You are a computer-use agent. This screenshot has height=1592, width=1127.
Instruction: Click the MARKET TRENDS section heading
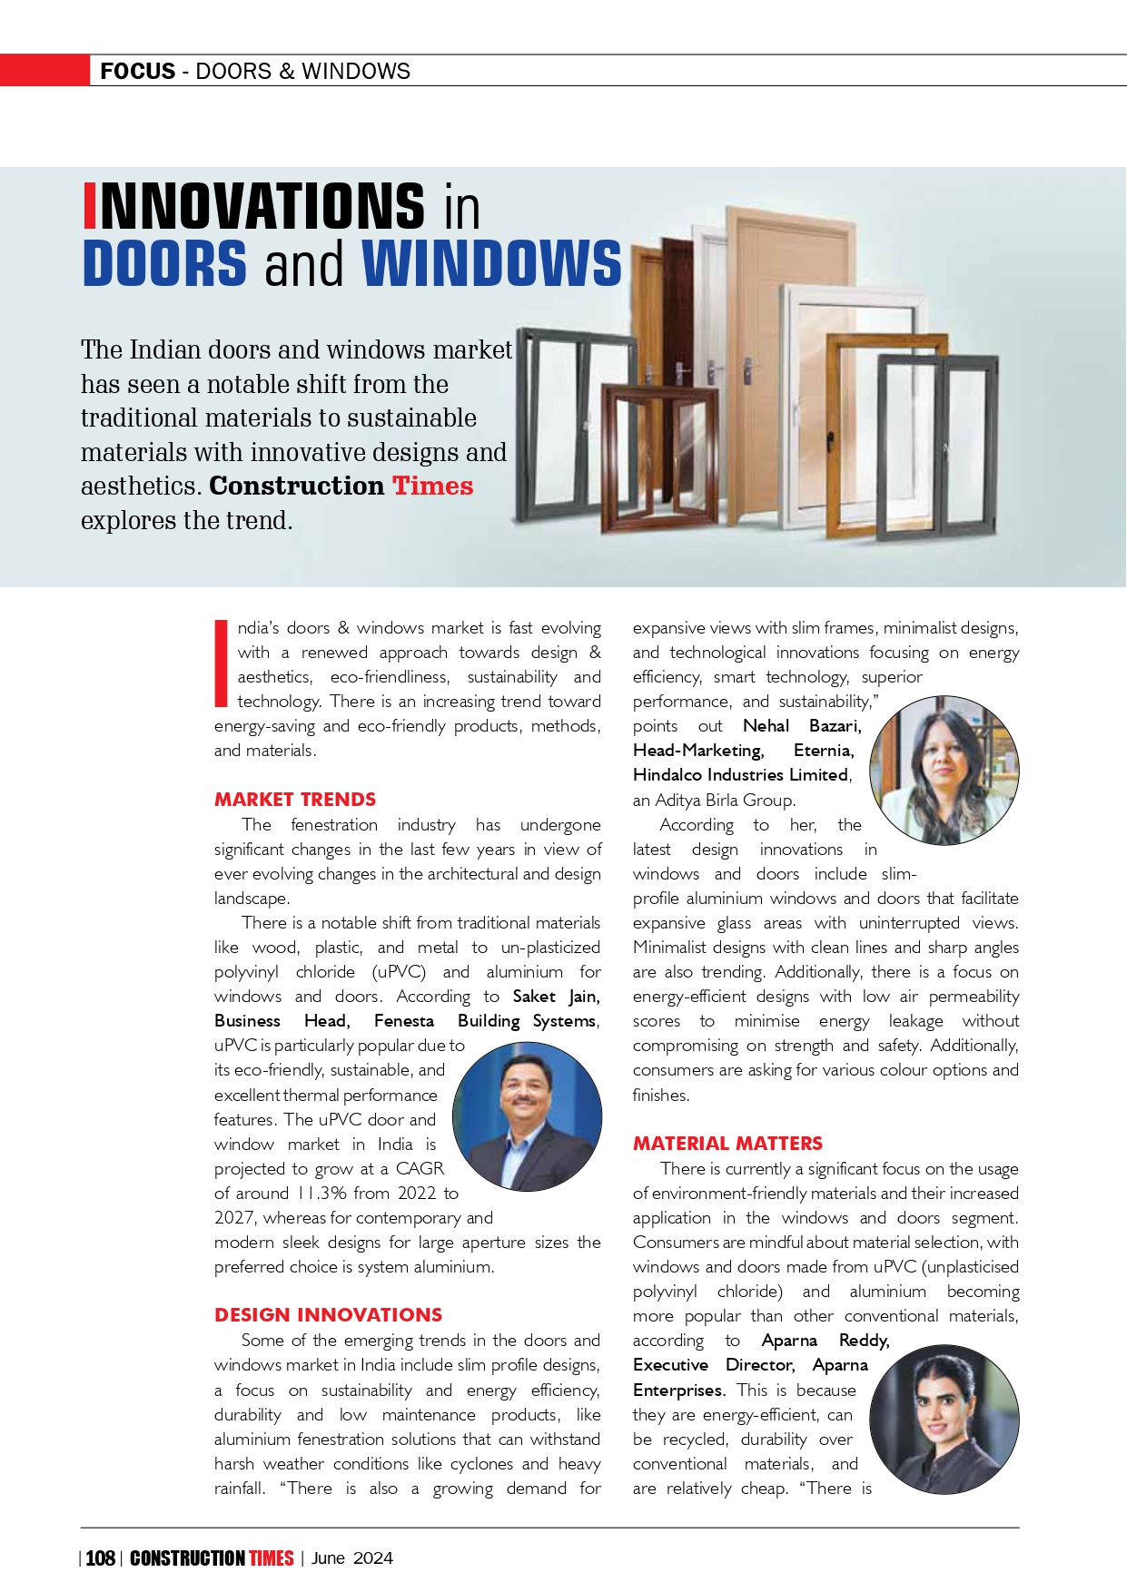[295, 800]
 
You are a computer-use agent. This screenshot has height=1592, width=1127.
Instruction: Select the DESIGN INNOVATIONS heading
[328, 1315]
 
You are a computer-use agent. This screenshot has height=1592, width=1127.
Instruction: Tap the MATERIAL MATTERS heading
[727, 1144]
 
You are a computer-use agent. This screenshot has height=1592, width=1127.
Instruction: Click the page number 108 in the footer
[100, 1558]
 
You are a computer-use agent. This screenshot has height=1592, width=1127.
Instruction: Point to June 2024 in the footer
[352, 1558]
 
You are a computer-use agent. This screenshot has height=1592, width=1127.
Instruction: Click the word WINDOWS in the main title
[491, 263]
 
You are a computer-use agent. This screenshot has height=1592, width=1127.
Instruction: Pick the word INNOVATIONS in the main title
[254, 206]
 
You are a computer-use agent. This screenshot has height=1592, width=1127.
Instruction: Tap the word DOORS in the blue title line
[164, 263]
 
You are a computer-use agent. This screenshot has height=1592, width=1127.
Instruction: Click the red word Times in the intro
[432, 486]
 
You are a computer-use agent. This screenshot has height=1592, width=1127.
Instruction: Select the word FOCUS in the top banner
[138, 71]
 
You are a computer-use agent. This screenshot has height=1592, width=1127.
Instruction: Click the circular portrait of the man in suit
[527, 1116]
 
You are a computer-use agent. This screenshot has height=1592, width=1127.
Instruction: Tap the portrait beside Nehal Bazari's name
[944, 771]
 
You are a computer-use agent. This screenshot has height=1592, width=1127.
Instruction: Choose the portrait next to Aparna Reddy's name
[944, 1420]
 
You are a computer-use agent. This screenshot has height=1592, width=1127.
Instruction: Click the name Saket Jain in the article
[556, 997]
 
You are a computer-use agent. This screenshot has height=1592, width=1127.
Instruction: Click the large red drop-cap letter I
[220, 663]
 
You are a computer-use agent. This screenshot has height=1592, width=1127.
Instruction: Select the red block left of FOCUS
[44, 71]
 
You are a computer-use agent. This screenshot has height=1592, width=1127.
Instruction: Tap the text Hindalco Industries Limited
[740, 775]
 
